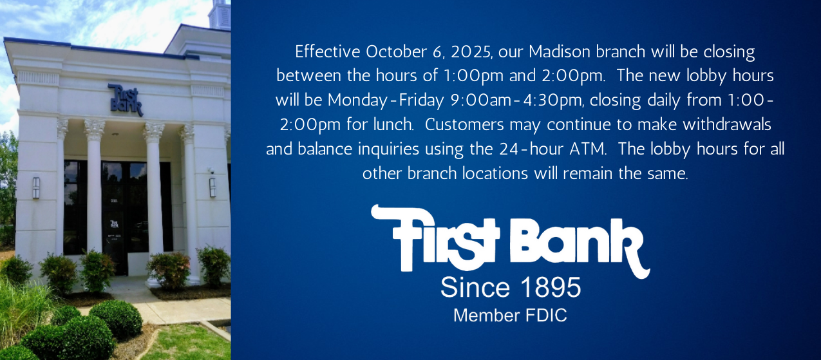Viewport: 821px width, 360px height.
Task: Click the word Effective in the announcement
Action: [328, 52]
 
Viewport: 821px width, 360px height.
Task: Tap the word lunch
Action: [393, 125]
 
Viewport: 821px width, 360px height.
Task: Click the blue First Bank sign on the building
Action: [126, 100]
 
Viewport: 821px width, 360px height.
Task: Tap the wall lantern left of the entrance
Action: [36, 187]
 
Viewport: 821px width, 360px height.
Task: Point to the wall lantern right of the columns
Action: [212, 187]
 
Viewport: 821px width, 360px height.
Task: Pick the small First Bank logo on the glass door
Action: [115, 223]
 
